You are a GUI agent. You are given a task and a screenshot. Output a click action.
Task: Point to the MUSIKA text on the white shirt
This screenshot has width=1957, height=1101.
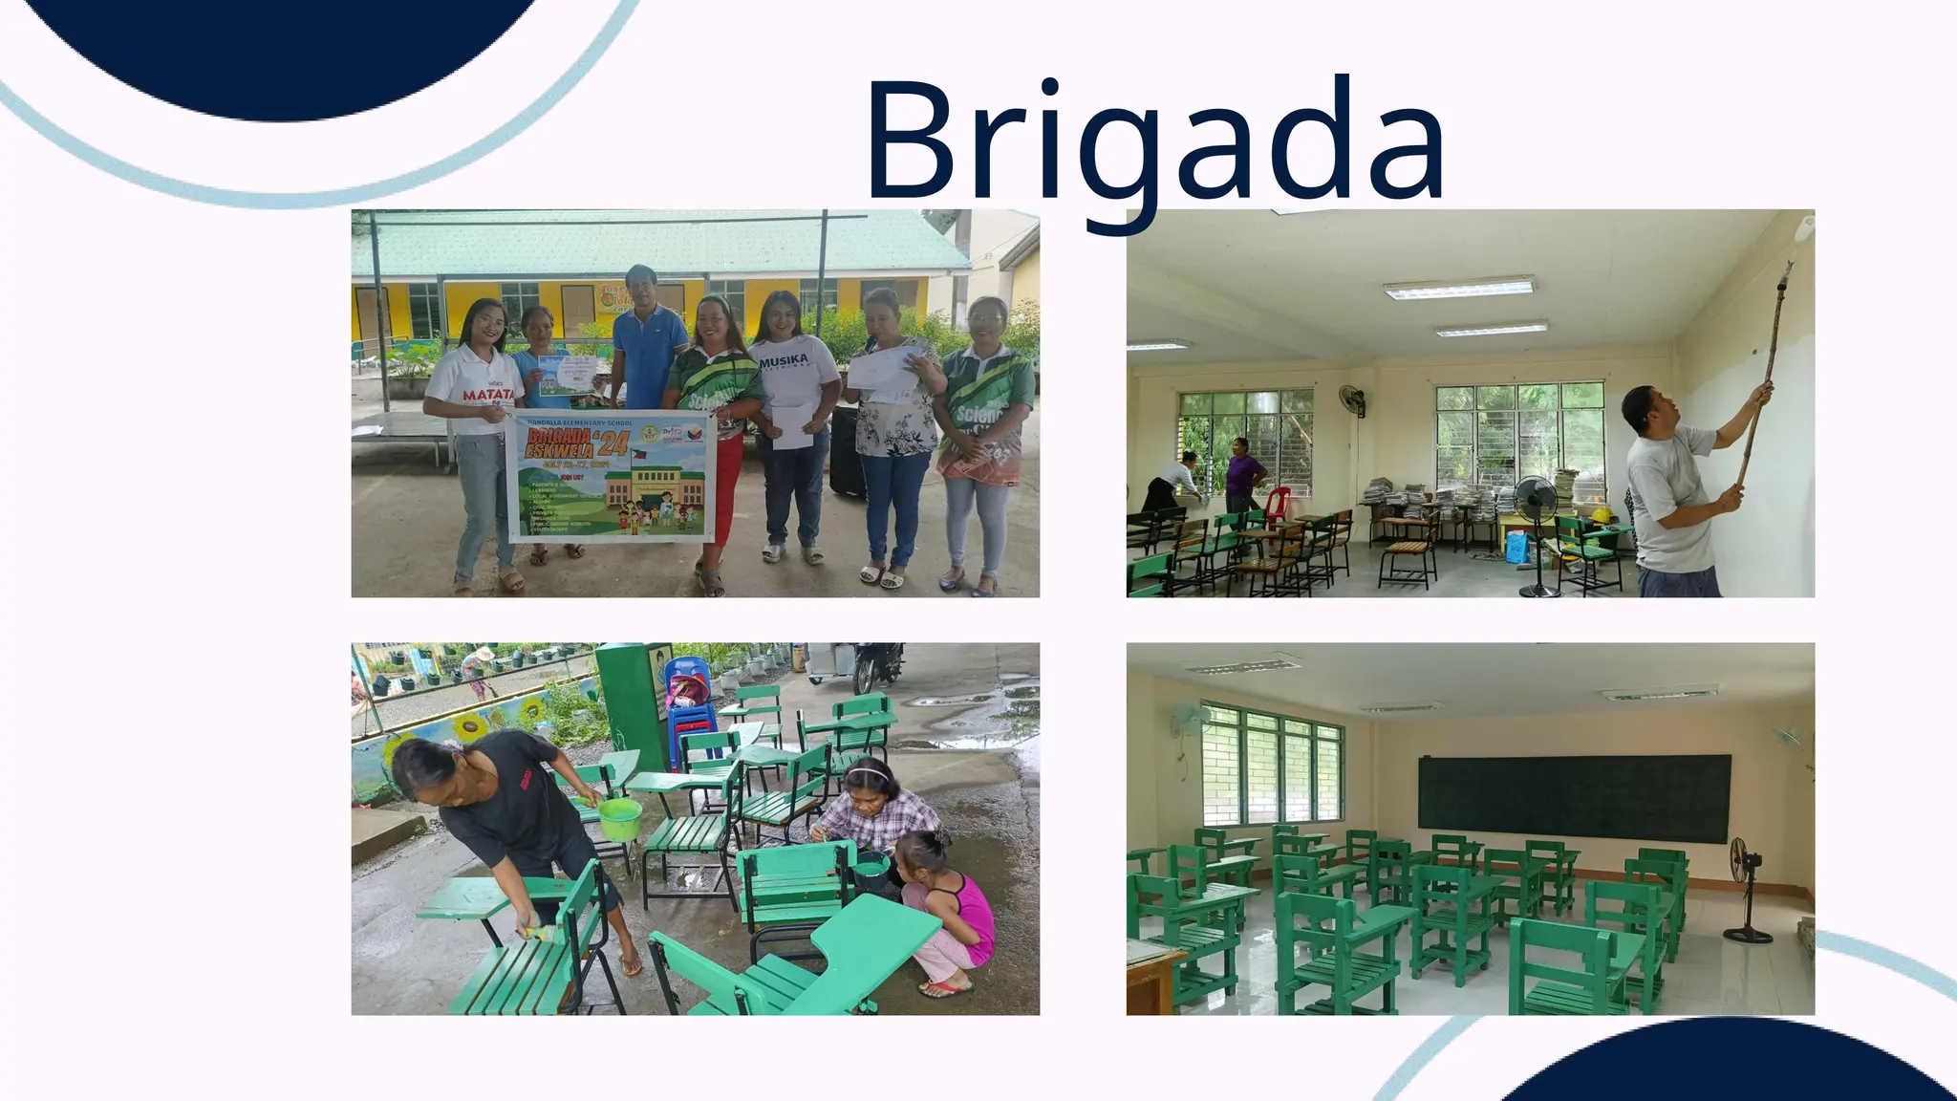(x=785, y=360)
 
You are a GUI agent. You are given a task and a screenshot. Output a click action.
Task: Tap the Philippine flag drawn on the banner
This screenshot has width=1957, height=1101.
(x=638, y=456)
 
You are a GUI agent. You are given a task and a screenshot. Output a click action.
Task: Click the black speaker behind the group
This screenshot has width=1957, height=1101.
(x=847, y=451)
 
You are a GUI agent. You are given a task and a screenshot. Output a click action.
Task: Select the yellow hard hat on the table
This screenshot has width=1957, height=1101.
(x=1602, y=516)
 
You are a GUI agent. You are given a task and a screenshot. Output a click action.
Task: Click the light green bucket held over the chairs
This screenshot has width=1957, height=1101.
(x=618, y=818)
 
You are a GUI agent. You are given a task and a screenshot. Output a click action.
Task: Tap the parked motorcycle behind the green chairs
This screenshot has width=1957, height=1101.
(x=876, y=664)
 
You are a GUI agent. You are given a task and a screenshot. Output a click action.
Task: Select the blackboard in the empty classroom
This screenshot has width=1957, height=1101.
(x=1574, y=791)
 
